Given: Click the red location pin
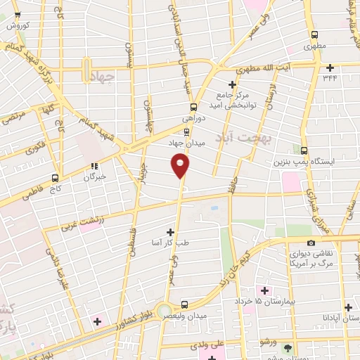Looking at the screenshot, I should [x=181, y=165].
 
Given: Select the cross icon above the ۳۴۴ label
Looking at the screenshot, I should [x=330, y=67].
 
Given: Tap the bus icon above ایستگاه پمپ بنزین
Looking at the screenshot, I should [x=304, y=150].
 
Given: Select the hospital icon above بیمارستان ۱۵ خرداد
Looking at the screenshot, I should [x=265, y=290].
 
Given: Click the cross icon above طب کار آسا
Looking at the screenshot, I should [x=170, y=231].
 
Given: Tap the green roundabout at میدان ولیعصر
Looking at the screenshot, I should [x=164, y=310].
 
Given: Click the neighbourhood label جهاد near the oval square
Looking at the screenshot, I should [x=102, y=79].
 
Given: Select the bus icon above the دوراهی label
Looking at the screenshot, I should [x=193, y=107].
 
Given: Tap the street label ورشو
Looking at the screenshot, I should [x=267, y=342].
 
